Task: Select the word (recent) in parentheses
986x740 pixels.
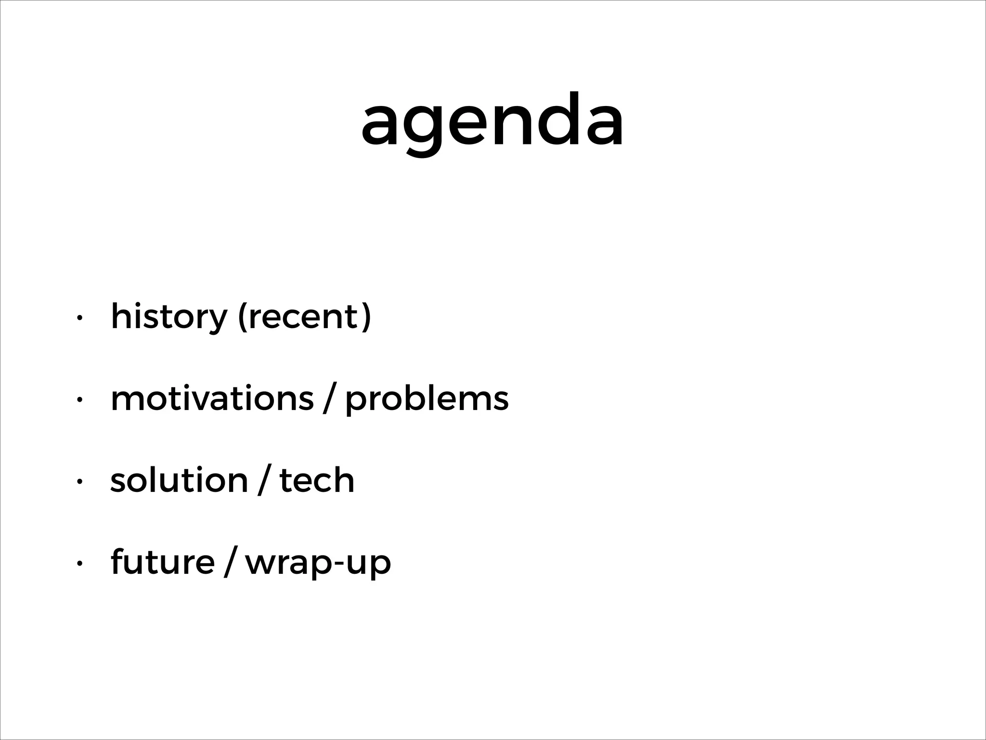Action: pos(305,317)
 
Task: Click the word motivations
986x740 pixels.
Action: pos(212,398)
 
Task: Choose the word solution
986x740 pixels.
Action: pos(179,480)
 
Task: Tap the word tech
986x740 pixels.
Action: pos(317,480)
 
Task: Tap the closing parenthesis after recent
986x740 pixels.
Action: pos(366,317)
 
